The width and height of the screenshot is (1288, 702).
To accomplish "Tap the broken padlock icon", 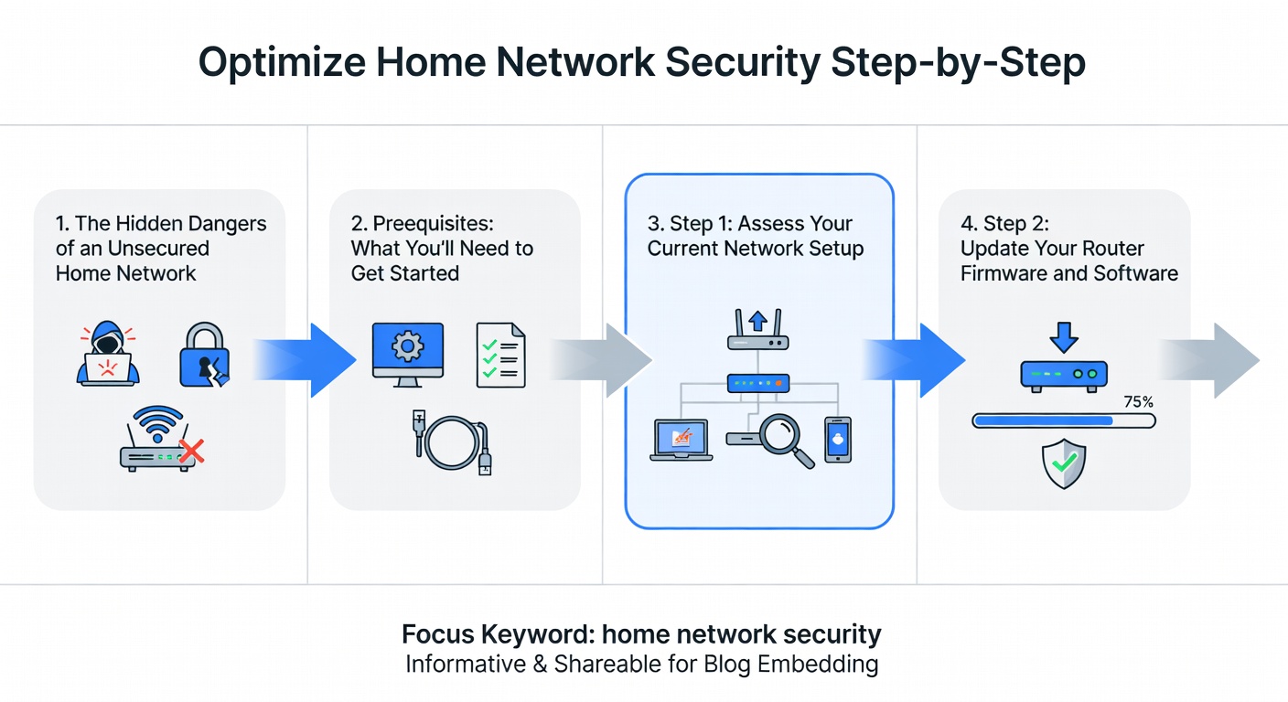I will coord(203,354).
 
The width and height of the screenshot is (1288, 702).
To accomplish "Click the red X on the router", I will coord(190,450).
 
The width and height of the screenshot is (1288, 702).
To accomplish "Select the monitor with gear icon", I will coord(407,352).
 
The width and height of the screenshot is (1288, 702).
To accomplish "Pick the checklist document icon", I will coord(500,355).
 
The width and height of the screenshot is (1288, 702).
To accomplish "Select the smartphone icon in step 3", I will coord(837,440).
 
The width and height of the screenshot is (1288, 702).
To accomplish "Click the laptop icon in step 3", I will coord(680,441).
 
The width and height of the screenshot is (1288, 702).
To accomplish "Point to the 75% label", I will coord(1138,401).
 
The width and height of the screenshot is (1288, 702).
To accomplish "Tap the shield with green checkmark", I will coord(1064,463).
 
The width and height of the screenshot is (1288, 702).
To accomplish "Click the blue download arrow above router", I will coord(1064,335).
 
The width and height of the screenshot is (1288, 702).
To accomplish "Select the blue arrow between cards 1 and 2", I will coord(306,360).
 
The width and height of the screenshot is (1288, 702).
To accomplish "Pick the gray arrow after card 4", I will coord(1212,360).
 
